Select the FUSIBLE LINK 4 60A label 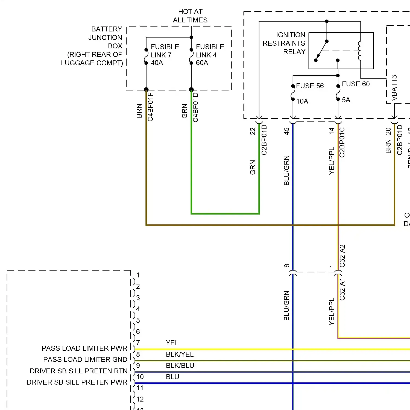[210, 55]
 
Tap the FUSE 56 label [310, 86]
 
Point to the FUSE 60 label [356, 84]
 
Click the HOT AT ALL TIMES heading [190, 16]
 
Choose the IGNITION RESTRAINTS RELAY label [284, 43]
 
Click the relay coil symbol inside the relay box [359, 51]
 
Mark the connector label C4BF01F [151, 107]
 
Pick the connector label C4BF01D [196, 107]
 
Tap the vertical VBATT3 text [394, 88]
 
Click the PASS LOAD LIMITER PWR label [84, 348]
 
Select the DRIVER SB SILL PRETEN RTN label [78, 371]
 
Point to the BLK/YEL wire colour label [180, 354]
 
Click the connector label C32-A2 [342, 256]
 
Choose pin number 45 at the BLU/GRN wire [286, 131]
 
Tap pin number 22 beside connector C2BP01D [253, 131]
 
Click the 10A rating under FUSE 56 [302, 101]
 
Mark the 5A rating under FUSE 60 [346, 100]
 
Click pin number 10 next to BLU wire [140, 377]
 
